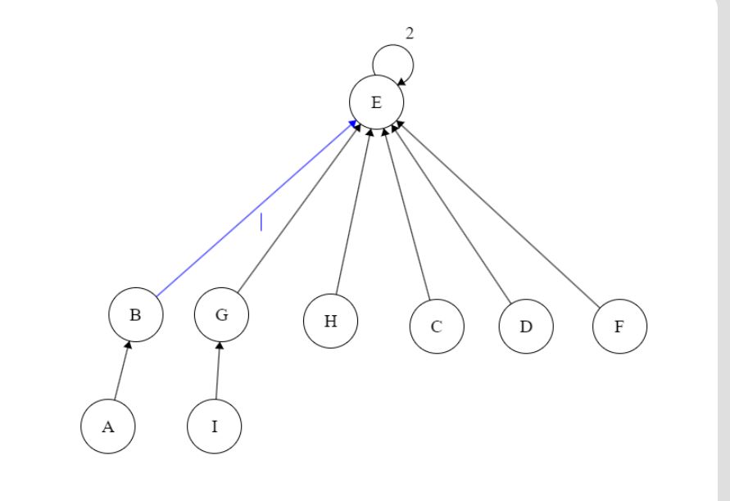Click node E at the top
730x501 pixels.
point(376,102)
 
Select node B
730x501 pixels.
point(136,314)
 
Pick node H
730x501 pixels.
point(330,321)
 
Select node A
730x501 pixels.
point(108,427)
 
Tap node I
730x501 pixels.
point(214,427)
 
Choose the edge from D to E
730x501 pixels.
point(453,211)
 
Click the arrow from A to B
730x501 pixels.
point(121,372)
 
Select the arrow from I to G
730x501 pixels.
point(218,372)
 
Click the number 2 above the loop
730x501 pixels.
point(410,33)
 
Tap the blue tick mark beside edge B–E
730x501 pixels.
point(261,221)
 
